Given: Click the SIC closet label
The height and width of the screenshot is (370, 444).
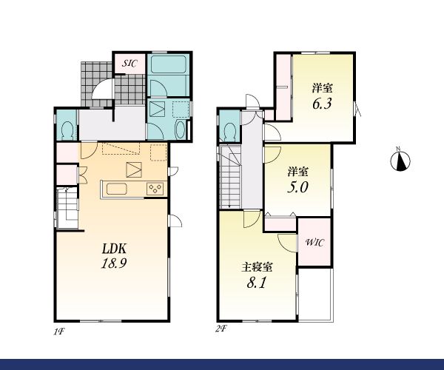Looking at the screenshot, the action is point(129,63).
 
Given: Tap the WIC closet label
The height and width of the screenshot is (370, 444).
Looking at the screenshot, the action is point(314,243).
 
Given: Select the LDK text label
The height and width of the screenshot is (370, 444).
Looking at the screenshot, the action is point(114,249).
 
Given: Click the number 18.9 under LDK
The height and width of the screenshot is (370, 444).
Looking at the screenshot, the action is point(113,263).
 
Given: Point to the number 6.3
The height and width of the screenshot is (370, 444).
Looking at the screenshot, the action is point(322,104).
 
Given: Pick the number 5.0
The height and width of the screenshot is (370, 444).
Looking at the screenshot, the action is point(297,187).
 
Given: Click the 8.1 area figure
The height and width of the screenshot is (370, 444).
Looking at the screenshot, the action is point(257,282).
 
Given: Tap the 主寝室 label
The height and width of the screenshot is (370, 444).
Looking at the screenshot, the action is point(257,267).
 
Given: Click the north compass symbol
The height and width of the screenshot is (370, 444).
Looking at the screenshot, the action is point(400,161).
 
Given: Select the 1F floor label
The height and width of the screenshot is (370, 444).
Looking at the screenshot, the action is point(59,332).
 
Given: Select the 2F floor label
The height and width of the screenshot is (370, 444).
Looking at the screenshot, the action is point(222,329).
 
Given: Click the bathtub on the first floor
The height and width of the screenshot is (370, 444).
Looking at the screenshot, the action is point(168,64).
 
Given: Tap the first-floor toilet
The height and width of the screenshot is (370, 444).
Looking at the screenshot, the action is point(67,130).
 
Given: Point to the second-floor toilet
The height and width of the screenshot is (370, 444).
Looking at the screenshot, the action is point(230,132).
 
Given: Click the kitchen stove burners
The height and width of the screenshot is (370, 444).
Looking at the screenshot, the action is point(155,189).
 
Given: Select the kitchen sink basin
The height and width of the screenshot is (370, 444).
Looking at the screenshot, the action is point(117,189).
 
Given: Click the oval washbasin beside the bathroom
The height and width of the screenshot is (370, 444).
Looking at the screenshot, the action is point(180,129).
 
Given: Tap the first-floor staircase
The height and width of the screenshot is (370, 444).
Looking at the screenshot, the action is point(67,207).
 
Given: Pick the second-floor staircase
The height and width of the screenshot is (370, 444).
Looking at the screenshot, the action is point(230,177).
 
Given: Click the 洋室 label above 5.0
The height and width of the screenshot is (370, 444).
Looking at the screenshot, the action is point(298,172).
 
